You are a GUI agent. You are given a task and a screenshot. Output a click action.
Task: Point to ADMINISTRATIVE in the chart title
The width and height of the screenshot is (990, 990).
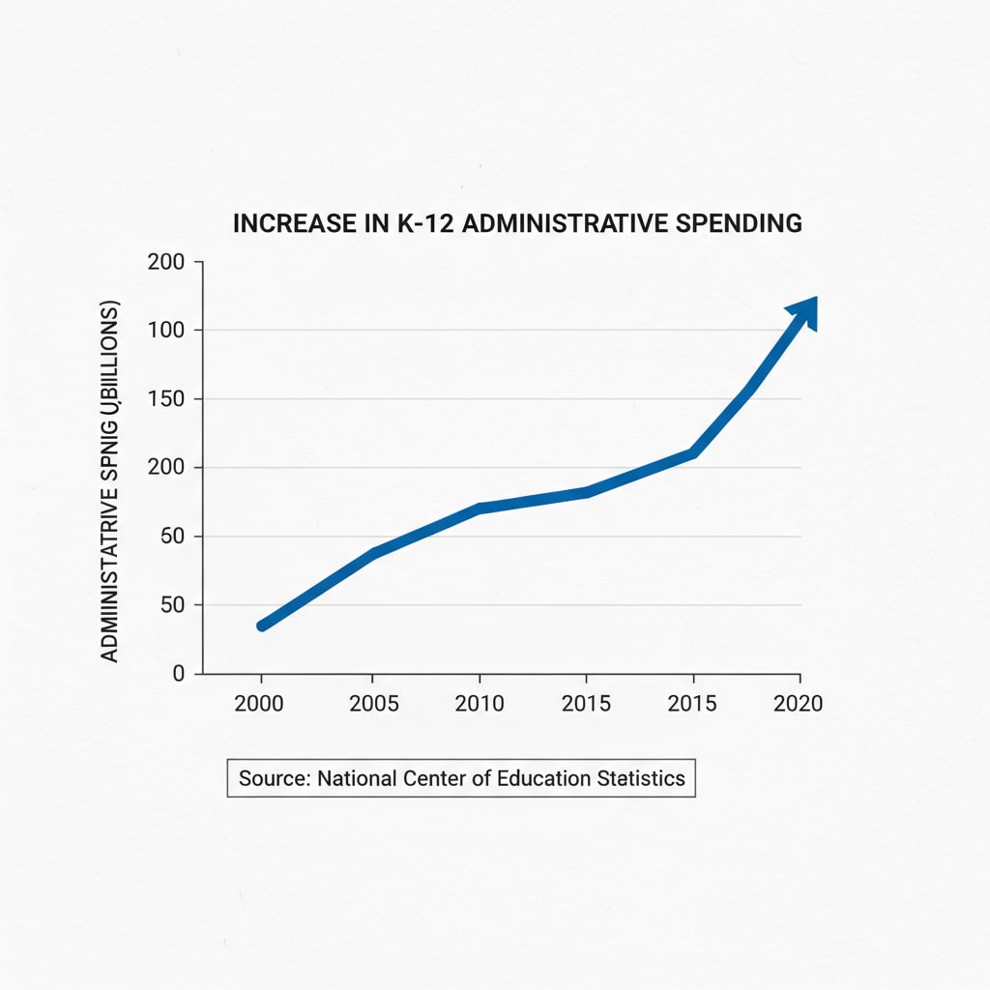562,223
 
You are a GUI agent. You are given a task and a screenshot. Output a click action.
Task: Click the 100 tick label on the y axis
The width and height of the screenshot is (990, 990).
166,331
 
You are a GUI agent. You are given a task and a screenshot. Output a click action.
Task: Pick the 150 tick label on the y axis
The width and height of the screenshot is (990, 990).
166,399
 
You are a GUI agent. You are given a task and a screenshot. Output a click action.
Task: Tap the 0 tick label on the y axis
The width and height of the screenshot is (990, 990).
178,674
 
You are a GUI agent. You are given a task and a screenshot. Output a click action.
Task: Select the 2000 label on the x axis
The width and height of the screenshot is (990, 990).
259,704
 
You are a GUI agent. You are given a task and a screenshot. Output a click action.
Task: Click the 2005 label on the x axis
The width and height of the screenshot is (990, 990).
373,704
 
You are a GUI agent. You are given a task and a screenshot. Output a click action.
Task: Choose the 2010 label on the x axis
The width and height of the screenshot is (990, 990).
480,704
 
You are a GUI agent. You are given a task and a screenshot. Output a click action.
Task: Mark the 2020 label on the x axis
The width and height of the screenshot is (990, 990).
799,704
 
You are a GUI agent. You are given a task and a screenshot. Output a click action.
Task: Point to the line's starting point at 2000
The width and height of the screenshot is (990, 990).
261,626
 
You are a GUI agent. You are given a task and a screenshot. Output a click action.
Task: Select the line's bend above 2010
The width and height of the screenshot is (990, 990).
480,508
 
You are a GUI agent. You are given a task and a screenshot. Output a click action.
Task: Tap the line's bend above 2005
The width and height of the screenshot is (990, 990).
373,553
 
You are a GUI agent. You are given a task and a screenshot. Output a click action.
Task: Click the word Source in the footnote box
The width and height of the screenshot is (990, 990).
274,778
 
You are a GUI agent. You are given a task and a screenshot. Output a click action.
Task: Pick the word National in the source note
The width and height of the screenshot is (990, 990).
358,778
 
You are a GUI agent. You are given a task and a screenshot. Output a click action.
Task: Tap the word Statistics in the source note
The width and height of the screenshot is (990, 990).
642,778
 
